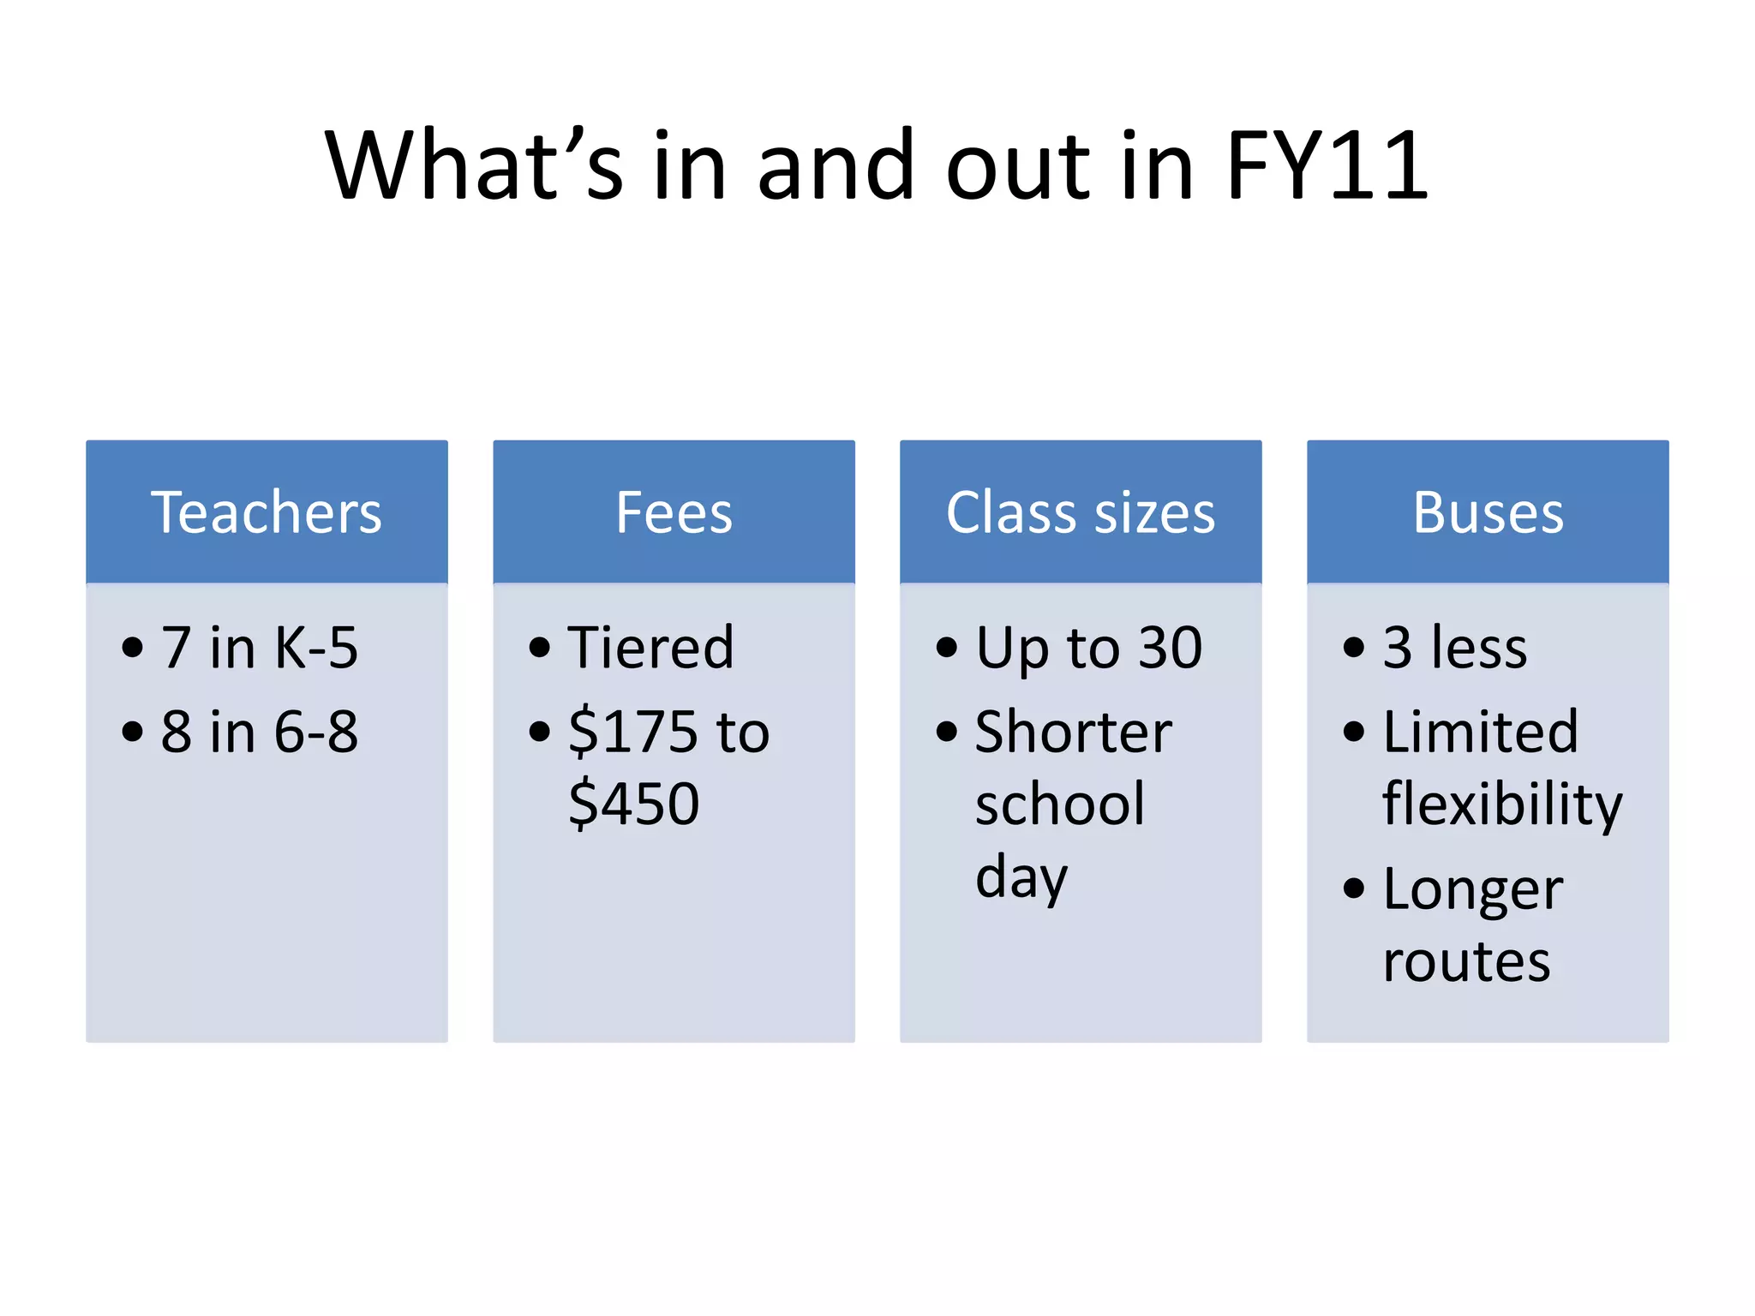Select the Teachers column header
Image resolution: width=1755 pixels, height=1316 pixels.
coord(267,512)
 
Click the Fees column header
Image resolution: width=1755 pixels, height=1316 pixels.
coord(674,512)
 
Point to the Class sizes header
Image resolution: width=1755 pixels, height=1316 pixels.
coord(1080,512)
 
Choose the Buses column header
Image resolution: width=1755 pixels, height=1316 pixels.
coord(1488,512)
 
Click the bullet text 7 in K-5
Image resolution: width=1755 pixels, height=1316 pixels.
coord(259,647)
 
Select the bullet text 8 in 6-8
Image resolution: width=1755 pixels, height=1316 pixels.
coord(259,732)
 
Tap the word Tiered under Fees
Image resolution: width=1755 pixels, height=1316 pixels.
coord(650,647)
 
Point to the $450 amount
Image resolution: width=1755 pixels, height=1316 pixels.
coord(633,804)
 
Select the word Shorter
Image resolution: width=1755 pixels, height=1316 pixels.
coord(1073,732)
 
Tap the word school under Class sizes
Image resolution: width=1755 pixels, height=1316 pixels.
coord(1060,804)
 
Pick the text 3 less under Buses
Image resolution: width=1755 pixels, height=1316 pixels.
coord(1454,647)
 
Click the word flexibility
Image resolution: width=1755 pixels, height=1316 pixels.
coord(1502,804)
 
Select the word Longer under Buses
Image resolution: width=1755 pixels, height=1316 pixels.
coord(1472,889)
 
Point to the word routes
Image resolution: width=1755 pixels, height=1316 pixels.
coord(1466,961)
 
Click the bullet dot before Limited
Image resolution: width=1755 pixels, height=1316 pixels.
coord(1353,732)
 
